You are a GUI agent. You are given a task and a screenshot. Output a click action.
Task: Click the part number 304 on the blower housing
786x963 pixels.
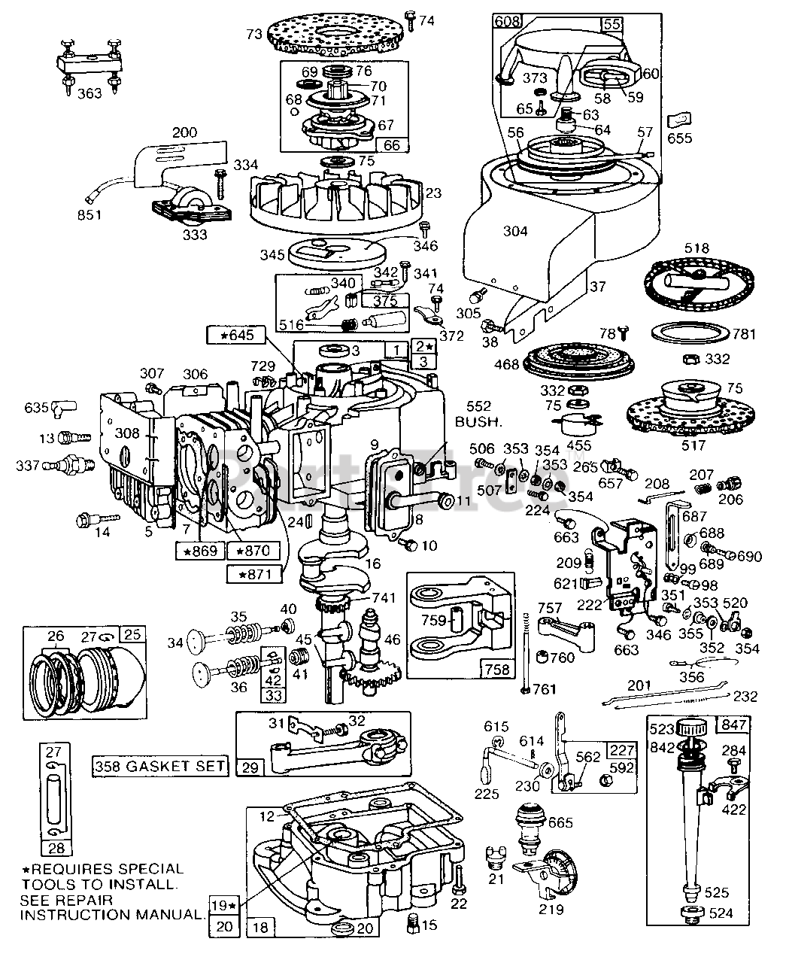click(x=515, y=232)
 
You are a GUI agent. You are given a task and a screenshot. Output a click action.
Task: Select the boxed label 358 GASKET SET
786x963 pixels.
click(x=160, y=766)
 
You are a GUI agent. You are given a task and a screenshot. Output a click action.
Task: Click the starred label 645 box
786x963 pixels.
click(x=235, y=333)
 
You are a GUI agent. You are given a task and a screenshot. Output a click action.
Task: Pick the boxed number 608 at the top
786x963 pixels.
click(x=507, y=22)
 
